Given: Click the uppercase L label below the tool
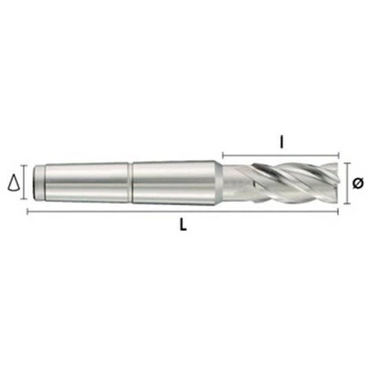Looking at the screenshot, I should pyautogui.click(x=182, y=225).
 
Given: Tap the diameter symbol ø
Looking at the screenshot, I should pyautogui.click(x=357, y=183).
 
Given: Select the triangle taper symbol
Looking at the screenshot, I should pyautogui.click(x=13, y=184).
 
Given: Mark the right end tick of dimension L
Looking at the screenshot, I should pyautogui.click(x=339, y=211).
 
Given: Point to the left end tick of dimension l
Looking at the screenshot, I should pyautogui.click(x=223, y=155).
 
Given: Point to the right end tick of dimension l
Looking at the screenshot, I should pyautogui.click(x=339, y=155).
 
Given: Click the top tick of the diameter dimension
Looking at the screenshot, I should pyautogui.click(x=347, y=163).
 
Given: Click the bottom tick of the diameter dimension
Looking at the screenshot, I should pyautogui.click(x=347, y=203).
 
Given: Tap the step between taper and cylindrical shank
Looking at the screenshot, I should pyautogui.click(x=131, y=183).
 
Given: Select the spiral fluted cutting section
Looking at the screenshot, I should pyautogui.click(x=283, y=183).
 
